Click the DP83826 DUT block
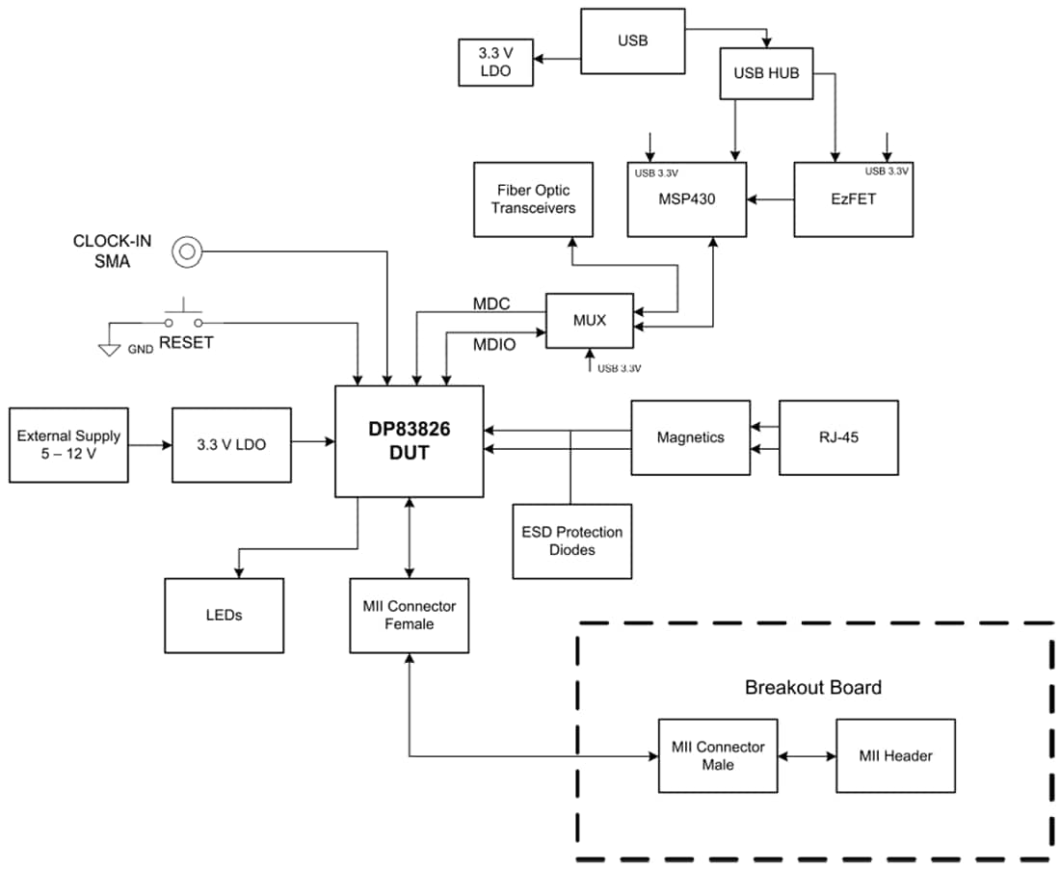point(410,441)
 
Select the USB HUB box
point(766,74)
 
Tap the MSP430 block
point(687,199)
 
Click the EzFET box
point(853,199)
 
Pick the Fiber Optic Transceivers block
point(533,199)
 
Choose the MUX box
point(589,321)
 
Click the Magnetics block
point(690,437)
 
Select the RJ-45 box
point(838,437)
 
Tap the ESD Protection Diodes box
point(571,540)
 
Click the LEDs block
point(224,615)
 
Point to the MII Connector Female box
point(410,615)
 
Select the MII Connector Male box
point(717,755)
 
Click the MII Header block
point(895,755)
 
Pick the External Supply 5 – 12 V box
point(68,444)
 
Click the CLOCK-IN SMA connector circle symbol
point(186,252)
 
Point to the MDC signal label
point(491,304)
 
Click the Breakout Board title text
point(812,688)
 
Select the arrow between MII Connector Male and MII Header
point(807,755)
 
